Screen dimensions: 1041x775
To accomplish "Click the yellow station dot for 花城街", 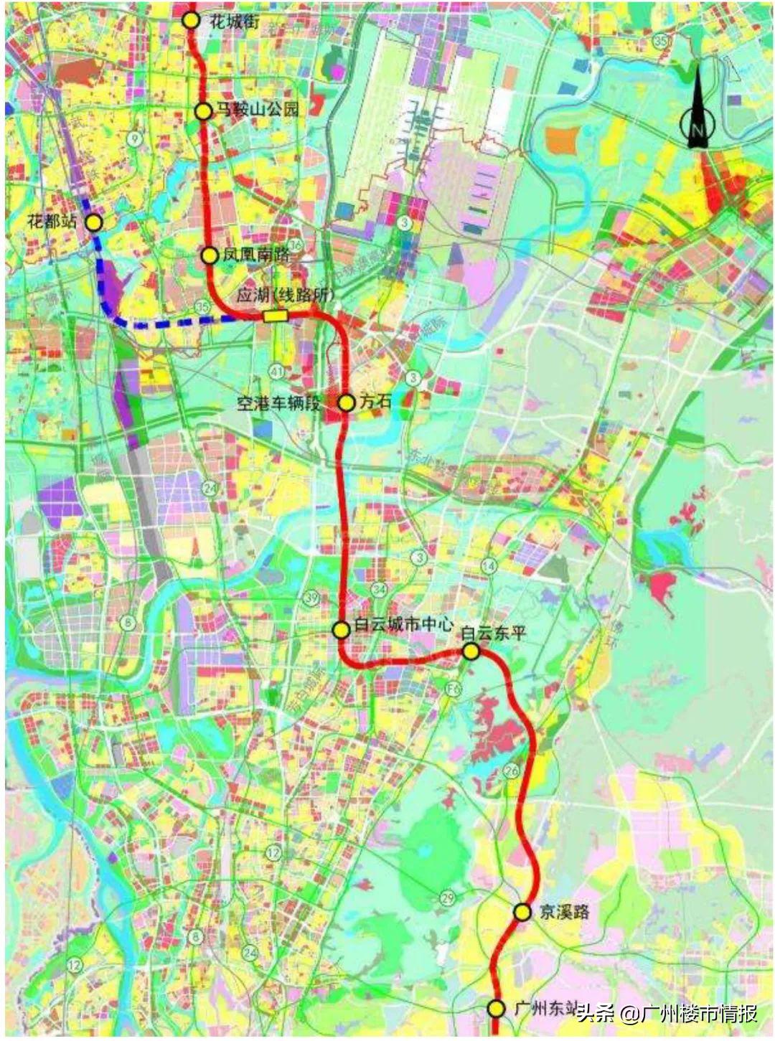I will click(190, 19).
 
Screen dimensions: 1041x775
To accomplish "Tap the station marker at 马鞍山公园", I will click(204, 111).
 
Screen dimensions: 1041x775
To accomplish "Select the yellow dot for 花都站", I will click(94, 222).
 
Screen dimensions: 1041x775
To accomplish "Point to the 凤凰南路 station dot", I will click(210, 255).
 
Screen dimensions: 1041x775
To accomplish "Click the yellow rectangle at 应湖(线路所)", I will click(275, 316).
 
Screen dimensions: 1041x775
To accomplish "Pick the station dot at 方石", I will click(346, 402).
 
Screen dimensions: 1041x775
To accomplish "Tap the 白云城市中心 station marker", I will click(341, 629).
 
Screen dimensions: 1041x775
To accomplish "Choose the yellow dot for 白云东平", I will click(471, 651).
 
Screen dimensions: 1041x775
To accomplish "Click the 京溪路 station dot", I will click(523, 912).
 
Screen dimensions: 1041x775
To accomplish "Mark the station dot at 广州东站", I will click(496, 1009).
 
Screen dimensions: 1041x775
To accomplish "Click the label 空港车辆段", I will click(280, 403).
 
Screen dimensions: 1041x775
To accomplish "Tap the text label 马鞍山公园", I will click(258, 110).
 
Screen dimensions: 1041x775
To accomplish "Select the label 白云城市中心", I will click(404, 625).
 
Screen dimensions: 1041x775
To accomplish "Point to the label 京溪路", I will click(565, 912).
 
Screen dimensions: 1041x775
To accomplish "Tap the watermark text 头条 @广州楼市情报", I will click(667, 1014).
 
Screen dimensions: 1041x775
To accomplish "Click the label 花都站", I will click(52, 221).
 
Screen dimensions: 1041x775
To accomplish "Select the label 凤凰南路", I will click(256, 254).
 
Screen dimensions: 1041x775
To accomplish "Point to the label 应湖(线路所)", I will click(286, 296).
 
